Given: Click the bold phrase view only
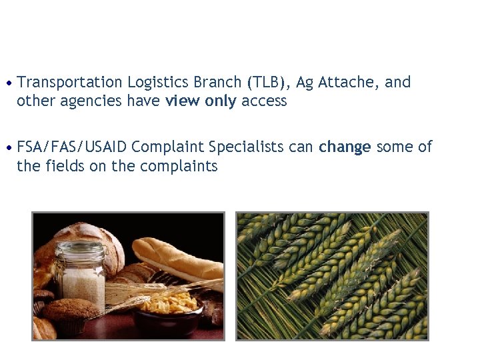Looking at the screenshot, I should coord(201,101).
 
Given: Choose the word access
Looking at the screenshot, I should coord(264,101).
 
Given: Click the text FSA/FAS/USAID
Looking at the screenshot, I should coord(73,147).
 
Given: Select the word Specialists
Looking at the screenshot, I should coord(247,147).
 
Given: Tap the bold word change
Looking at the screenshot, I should coord(345,147).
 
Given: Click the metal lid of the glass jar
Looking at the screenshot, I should coord(82,250).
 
